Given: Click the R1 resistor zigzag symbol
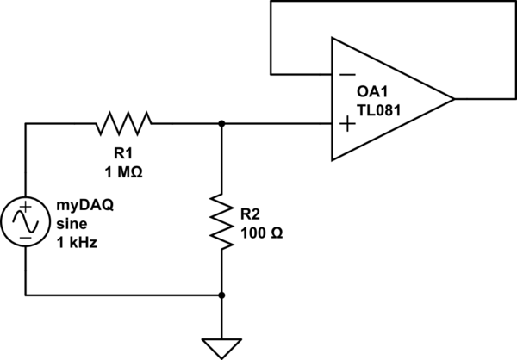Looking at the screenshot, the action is (x=124, y=124).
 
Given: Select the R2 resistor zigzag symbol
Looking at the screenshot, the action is (x=222, y=221).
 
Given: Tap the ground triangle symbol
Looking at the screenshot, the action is (x=222, y=349).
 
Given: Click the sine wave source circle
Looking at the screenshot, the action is (x=25, y=221).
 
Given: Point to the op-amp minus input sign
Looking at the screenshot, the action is (x=347, y=75).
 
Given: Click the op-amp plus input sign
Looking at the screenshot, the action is (x=347, y=125).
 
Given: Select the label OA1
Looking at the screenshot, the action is (x=372, y=92).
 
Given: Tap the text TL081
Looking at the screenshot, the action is (x=379, y=110).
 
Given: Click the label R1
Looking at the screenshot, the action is (x=123, y=153).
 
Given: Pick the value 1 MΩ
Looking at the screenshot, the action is (x=123, y=172).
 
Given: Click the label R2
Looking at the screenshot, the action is (x=250, y=214).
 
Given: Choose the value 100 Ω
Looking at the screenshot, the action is (x=261, y=233).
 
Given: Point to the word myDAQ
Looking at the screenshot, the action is (x=85, y=206).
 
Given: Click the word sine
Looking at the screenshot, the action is (x=72, y=224).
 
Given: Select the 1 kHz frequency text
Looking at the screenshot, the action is (x=77, y=243).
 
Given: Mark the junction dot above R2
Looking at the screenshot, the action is (x=222, y=124).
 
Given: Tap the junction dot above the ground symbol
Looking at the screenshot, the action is (x=222, y=295).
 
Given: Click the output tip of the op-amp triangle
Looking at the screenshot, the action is (x=454, y=98).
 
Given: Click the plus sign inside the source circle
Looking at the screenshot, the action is (x=26, y=207).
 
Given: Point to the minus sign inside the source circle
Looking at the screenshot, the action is (x=26, y=238).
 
